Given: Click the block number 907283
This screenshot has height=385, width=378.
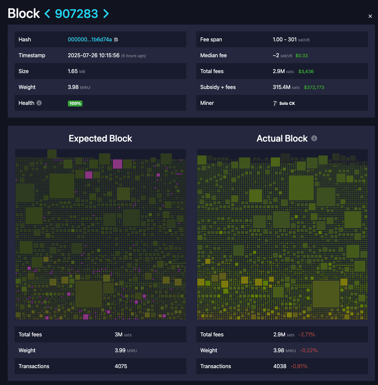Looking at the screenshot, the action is click(x=76, y=14).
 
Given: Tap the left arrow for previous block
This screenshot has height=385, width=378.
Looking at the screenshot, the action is click(x=47, y=14).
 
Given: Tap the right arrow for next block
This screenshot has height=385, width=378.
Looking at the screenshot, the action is click(x=106, y=14).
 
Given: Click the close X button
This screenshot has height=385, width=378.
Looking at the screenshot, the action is click(x=370, y=16).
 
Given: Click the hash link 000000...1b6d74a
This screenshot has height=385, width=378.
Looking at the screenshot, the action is click(x=90, y=40).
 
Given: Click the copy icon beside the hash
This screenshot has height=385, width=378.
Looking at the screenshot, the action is click(x=116, y=40).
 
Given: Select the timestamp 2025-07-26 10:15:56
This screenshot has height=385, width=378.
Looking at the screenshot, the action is click(x=94, y=56).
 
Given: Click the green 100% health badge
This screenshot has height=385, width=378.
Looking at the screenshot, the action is click(x=75, y=104).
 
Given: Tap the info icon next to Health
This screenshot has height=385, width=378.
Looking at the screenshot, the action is click(x=39, y=103).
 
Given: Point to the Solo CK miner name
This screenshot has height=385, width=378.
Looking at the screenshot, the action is click(x=287, y=104).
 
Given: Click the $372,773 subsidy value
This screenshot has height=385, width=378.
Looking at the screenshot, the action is click(x=314, y=87).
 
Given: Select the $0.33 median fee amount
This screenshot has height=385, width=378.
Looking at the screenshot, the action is click(x=302, y=56).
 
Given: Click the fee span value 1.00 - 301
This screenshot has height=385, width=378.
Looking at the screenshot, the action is click(x=285, y=40).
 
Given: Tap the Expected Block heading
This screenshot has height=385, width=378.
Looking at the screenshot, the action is click(x=100, y=139).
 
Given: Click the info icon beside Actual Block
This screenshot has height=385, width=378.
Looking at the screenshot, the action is click(x=314, y=138).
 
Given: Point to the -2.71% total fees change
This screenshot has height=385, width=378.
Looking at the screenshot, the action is click(x=307, y=335).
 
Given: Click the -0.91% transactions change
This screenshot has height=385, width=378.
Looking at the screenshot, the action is click(x=299, y=366).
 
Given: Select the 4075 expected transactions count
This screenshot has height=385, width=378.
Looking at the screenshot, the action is click(x=121, y=366).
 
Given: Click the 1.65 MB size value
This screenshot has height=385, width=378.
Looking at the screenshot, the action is click(x=76, y=71).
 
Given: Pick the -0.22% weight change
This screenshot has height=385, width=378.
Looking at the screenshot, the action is click(x=309, y=351).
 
